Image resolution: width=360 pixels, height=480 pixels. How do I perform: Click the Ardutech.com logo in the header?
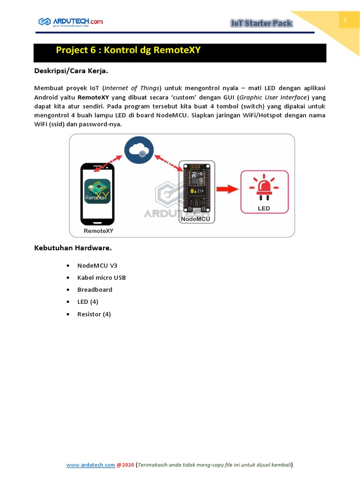(70, 22)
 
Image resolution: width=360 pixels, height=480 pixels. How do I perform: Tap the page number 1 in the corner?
(345, 20)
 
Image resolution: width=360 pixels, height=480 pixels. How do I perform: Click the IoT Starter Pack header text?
(262, 23)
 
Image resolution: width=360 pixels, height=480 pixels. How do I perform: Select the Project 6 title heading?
(128, 50)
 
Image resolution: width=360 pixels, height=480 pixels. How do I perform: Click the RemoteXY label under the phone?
(98, 231)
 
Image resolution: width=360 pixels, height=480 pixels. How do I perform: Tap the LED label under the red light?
(264, 208)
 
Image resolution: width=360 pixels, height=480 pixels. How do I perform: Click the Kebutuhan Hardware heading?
(73, 247)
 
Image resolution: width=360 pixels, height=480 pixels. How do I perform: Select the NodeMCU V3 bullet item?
(97, 265)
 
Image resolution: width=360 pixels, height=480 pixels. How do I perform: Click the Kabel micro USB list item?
(101, 277)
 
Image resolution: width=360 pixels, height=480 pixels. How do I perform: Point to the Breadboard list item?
(95, 290)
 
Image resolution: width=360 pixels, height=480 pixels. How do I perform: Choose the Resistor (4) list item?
(94, 314)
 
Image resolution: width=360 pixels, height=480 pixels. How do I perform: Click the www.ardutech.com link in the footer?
(90, 465)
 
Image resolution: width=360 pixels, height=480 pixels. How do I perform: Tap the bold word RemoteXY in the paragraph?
(93, 97)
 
